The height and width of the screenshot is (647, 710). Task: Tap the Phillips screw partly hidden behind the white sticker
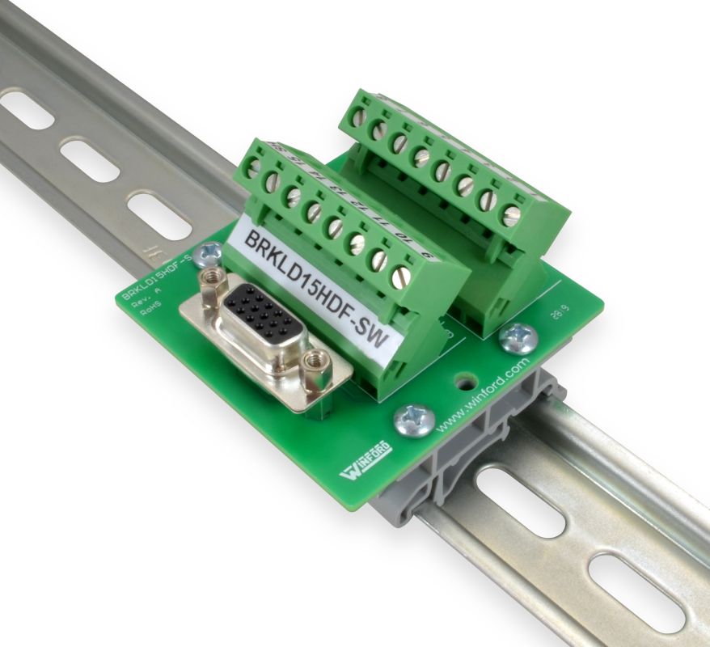(209, 254)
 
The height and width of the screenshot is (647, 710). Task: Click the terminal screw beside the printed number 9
(401, 277)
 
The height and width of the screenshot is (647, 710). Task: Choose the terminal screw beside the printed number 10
(378, 259)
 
